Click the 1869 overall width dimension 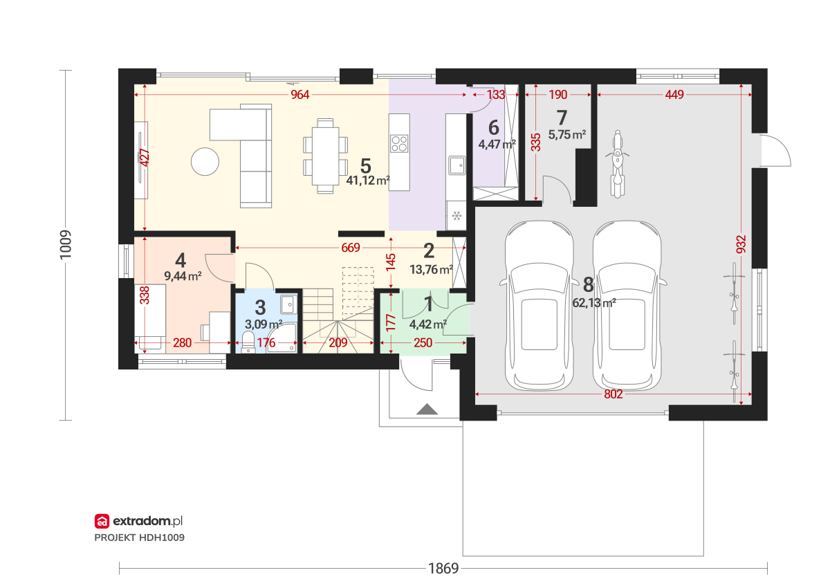pyautogui.click(x=443, y=568)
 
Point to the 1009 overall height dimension pyautogui.click(x=66, y=245)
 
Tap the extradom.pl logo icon pyautogui.click(x=102, y=521)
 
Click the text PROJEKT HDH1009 pyautogui.click(x=139, y=538)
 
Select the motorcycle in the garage pyautogui.click(x=617, y=164)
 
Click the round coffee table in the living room pyautogui.click(x=205, y=162)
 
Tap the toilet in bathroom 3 pyautogui.click(x=248, y=341)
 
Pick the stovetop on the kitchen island pyautogui.click(x=400, y=143)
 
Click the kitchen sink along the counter pyautogui.click(x=457, y=165)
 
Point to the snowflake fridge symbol pyautogui.click(x=457, y=215)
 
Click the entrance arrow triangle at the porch pyautogui.click(x=427, y=409)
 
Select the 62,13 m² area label pyautogui.click(x=594, y=303)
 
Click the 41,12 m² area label pyautogui.click(x=368, y=181)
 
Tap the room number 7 pyautogui.click(x=562, y=118)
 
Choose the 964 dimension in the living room pyautogui.click(x=299, y=95)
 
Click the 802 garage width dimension pyautogui.click(x=614, y=394)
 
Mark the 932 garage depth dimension pyautogui.click(x=741, y=245)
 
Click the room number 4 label pyautogui.click(x=181, y=260)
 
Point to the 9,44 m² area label pyautogui.click(x=183, y=276)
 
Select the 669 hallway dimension pyautogui.click(x=351, y=248)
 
